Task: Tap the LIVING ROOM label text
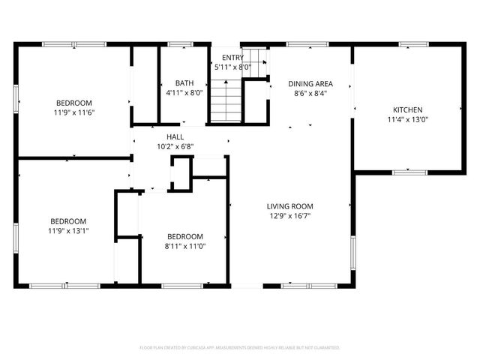289,206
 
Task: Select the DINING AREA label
310,84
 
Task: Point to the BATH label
184,83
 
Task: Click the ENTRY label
232,58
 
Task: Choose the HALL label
175,136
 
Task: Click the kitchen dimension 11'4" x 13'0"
409,119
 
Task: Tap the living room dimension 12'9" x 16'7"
289,216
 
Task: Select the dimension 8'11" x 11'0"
184,245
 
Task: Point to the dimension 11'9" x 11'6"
73,112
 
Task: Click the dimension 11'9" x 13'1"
68,231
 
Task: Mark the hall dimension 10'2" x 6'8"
175,146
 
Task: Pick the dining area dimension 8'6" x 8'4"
310,94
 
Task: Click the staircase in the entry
225,102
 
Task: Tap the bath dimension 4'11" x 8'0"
184,93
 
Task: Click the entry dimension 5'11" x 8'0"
232,67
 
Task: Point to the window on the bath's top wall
179,45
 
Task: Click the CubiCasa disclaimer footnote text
240,348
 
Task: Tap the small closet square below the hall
181,174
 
